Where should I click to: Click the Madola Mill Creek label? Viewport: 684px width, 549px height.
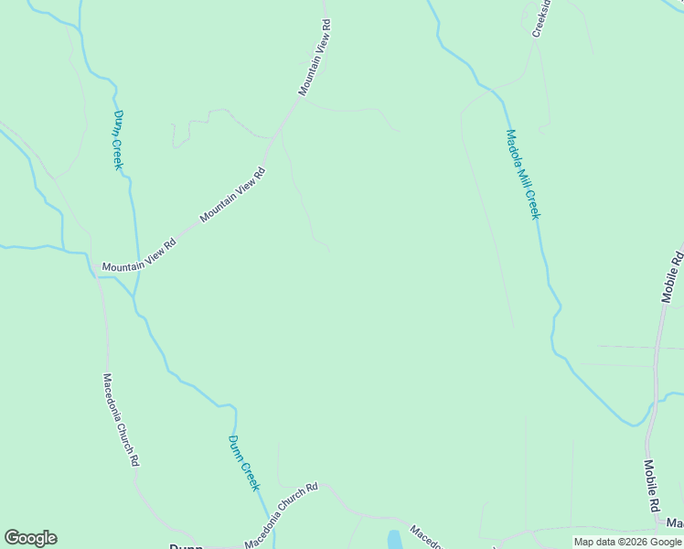(x=524, y=174)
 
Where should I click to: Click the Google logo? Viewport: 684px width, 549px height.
(x=30, y=538)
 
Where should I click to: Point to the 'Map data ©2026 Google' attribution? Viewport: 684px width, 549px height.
(x=627, y=542)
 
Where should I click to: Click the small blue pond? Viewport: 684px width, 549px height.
(x=394, y=540)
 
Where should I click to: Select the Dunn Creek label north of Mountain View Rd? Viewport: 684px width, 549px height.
(x=118, y=140)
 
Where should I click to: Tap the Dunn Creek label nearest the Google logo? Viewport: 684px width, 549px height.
(x=244, y=462)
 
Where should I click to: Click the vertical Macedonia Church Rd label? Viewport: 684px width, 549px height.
(x=121, y=420)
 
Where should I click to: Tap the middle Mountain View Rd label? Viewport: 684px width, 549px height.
(x=232, y=194)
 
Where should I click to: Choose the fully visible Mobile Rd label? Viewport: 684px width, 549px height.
(x=653, y=486)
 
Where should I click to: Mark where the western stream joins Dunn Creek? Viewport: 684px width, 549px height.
(x=135, y=296)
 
